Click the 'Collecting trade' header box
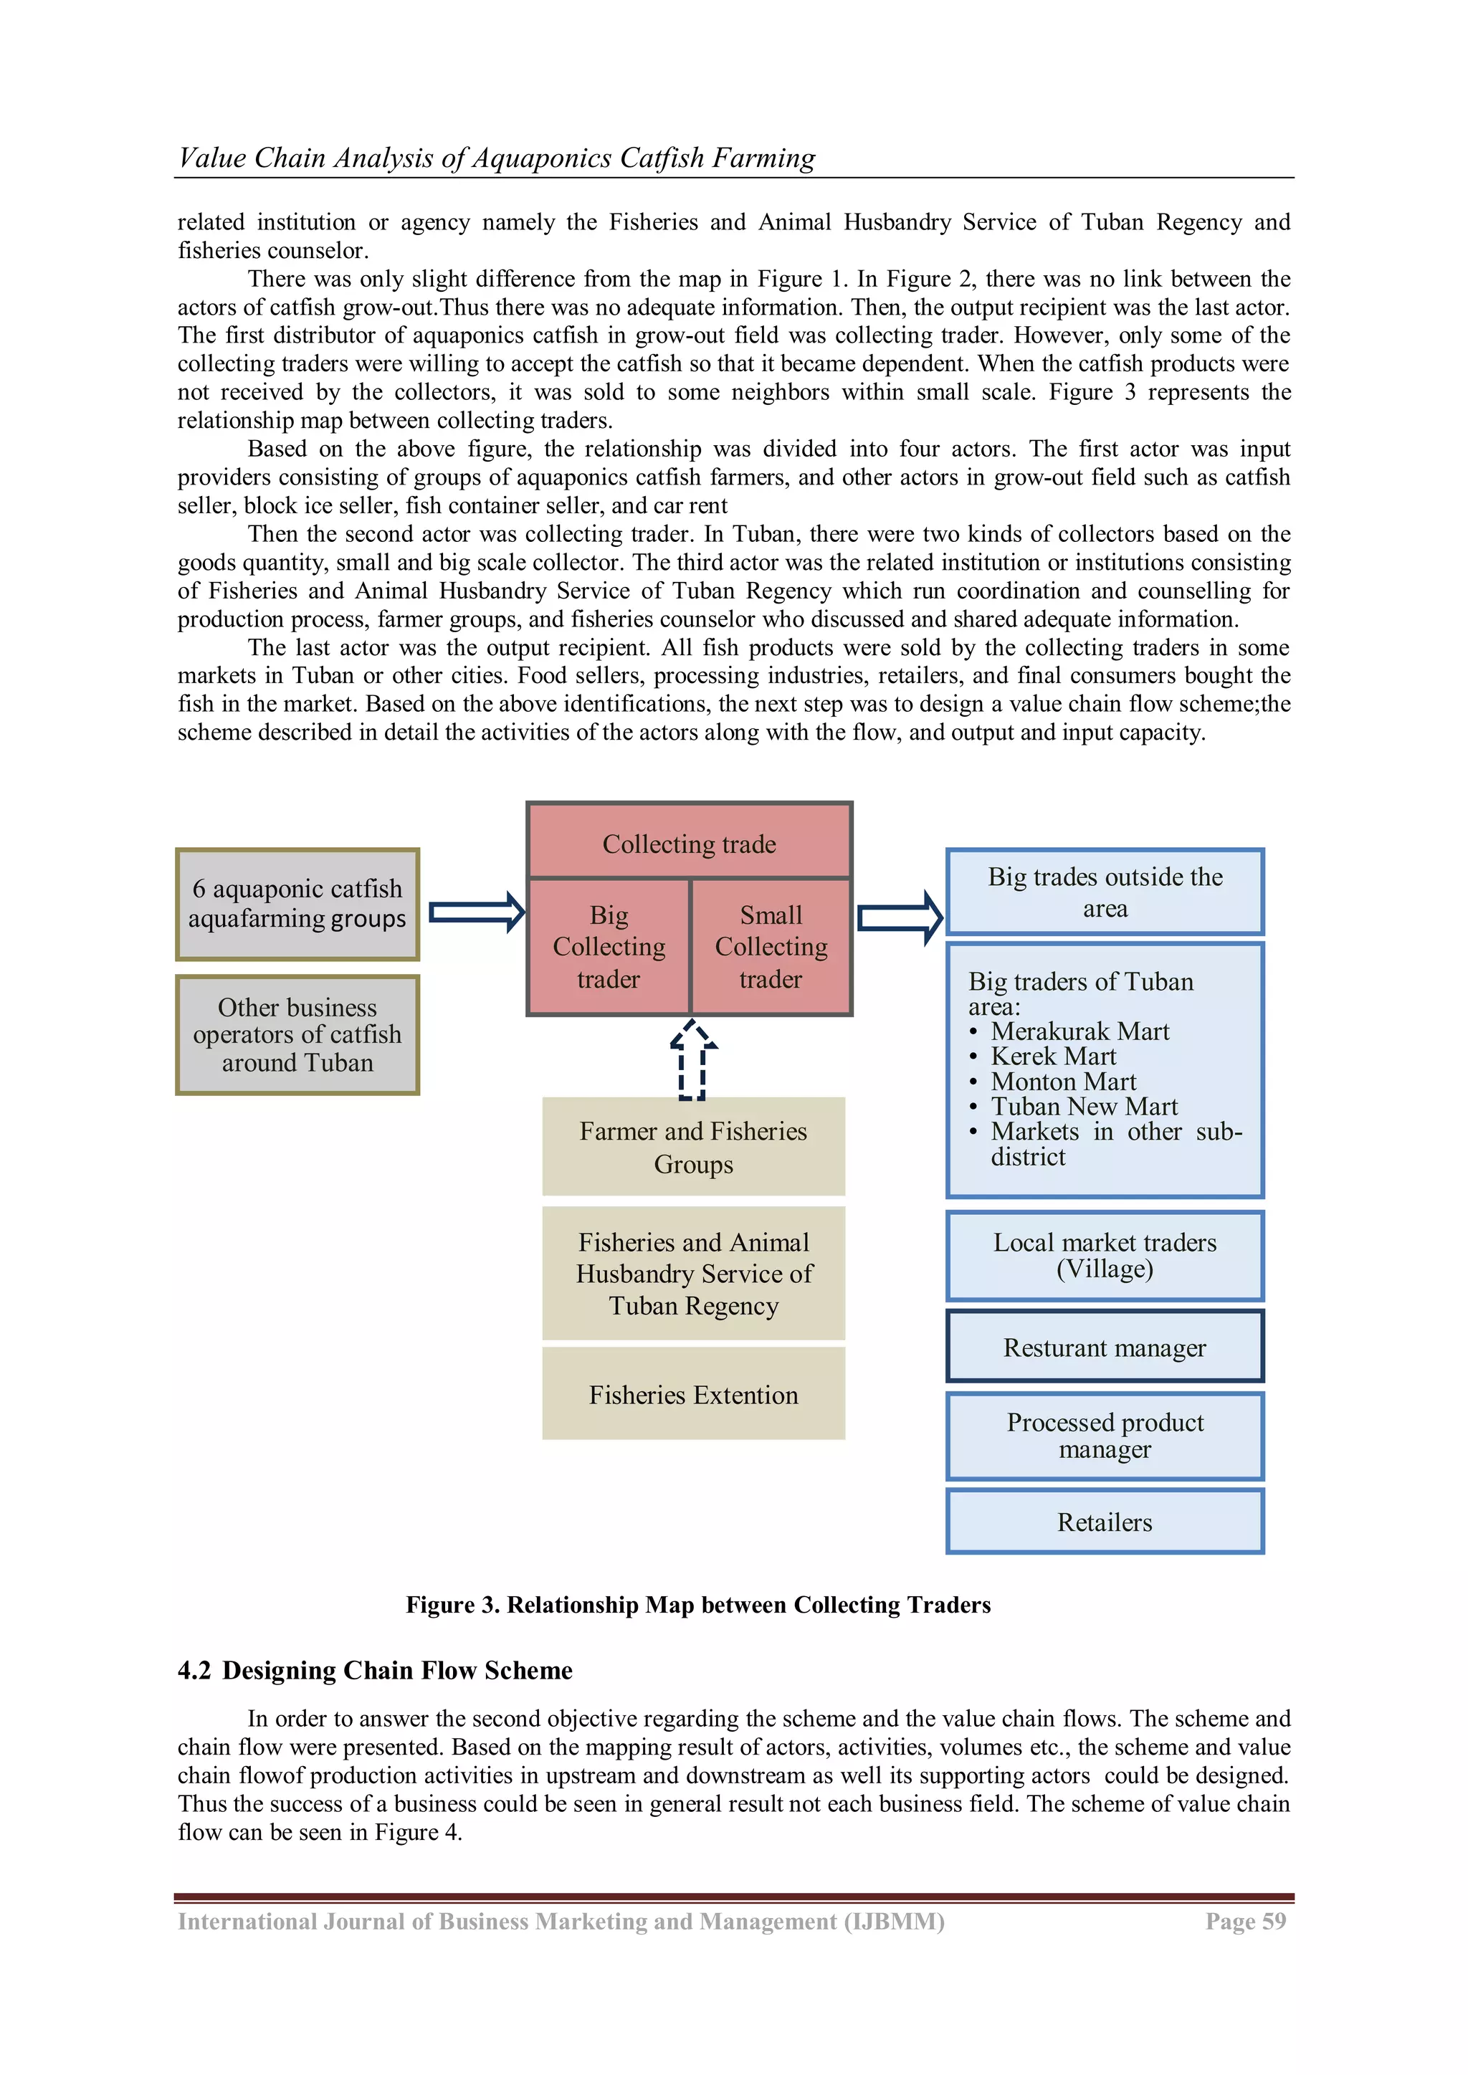point(689,842)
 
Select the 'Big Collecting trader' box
point(609,946)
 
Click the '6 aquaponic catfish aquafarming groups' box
point(297,904)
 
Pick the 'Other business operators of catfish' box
point(297,1035)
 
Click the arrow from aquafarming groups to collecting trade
point(477,912)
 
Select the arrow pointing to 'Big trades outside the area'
point(899,918)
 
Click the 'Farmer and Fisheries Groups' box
point(693,1147)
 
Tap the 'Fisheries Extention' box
point(693,1395)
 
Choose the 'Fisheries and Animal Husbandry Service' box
point(693,1274)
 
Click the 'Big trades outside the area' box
point(1105,892)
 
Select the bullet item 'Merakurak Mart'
point(1079,1031)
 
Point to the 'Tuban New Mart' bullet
point(1084,1106)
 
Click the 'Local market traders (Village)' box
point(1105,1255)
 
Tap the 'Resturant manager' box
point(1105,1347)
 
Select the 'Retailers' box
point(1105,1522)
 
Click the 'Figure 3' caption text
point(698,1604)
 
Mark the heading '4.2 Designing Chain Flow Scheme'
point(375,1670)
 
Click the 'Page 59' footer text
point(1245,1922)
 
